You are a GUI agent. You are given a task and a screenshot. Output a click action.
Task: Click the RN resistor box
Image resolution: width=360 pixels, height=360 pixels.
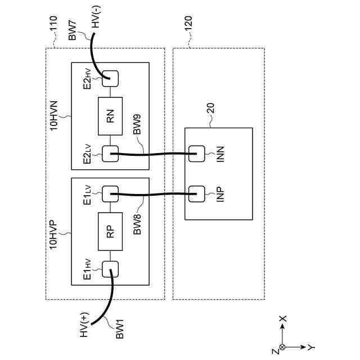coord(110,116)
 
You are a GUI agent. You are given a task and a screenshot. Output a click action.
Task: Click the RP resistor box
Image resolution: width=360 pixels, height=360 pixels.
coord(110,231)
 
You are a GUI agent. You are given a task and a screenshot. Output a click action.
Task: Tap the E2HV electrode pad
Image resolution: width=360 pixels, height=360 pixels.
coord(110,79)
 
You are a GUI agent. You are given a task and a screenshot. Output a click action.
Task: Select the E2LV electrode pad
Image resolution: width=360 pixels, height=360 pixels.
coord(110,154)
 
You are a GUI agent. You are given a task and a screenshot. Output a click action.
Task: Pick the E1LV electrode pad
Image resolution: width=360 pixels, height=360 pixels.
coord(110,194)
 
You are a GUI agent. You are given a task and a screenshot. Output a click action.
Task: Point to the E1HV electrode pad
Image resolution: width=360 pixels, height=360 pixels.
coord(110,269)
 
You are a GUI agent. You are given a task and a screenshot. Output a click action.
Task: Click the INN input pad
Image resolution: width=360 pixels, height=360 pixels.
coord(196,154)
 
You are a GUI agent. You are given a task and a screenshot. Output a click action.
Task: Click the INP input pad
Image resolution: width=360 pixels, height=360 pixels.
coord(196,194)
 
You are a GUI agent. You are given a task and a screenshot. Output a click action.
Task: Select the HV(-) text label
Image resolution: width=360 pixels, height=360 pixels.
coord(96,16)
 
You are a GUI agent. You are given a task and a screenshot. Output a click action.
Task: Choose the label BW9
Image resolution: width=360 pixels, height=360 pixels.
coord(137,124)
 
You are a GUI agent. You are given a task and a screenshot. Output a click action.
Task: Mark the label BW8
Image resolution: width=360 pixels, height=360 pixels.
coord(137,224)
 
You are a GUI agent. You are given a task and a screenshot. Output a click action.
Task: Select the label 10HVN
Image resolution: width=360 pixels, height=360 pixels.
coord(54,115)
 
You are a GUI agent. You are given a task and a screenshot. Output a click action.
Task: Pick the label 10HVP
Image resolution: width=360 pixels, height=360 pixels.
coord(53,235)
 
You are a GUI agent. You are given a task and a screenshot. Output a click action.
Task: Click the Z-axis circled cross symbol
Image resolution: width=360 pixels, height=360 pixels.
coord(282,347)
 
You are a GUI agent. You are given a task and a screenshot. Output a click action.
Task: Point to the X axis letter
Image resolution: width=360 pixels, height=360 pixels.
coord(282,318)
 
